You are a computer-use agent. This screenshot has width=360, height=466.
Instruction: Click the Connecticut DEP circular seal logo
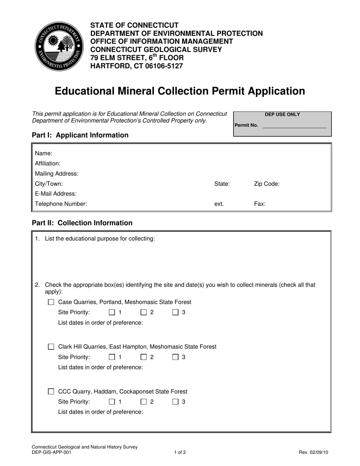coord(59,46)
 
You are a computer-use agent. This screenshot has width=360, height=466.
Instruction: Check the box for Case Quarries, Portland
coord(51,302)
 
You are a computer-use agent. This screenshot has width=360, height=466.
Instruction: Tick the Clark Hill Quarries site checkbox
coord(51,347)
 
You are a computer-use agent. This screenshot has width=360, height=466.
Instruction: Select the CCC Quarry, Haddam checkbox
coord(51,392)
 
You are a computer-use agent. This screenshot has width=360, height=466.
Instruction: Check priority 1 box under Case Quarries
coord(112,313)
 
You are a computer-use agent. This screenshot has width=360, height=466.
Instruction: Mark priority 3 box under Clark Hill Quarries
coord(175,357)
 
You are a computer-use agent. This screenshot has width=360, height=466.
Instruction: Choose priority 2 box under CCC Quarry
coord(144,402)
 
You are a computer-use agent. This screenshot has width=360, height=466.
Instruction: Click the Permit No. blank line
coord(294,125)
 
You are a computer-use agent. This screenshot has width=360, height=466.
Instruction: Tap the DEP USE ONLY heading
coord(282,114)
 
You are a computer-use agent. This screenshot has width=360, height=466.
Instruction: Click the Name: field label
coord(44,153)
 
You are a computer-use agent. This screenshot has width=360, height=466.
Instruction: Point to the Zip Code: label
coord(267,184)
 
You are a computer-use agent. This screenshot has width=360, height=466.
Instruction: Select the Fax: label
coord(260,204)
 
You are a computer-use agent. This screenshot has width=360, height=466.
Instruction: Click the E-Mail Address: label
coord(56,194)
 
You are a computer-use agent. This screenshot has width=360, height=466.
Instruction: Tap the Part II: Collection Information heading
coord(82,223)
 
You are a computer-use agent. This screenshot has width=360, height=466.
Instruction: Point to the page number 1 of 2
coord(180,452)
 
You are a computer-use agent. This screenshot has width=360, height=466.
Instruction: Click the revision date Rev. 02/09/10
coord(314,452)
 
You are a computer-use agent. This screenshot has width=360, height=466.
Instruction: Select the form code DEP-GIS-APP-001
coord(51,452)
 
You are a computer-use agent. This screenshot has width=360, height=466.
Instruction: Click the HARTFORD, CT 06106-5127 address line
coord(136,66)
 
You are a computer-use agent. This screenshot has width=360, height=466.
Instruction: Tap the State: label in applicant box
coord(222,184)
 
